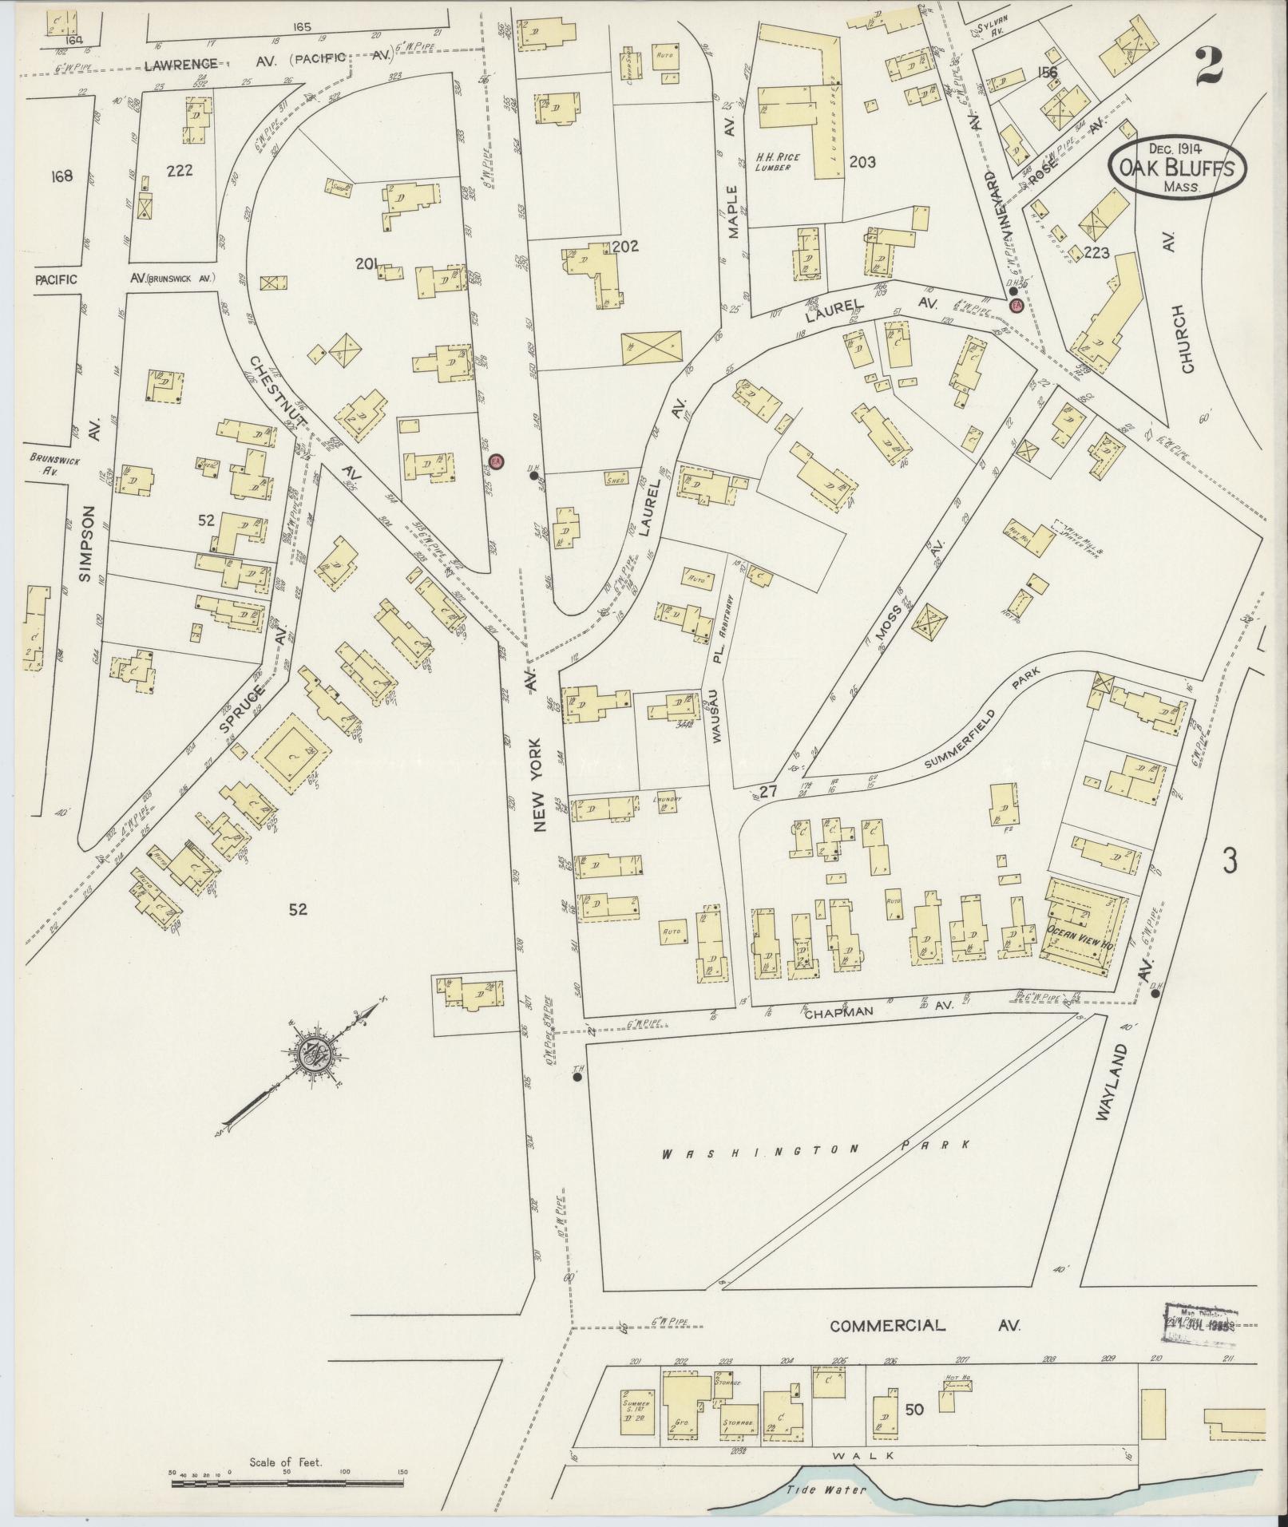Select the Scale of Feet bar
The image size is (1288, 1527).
coord(287,1482)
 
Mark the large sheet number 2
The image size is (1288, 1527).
coord(1211,68)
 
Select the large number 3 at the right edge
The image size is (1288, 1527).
coord(1231,860)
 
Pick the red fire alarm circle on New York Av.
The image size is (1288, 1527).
coord(497,461)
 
